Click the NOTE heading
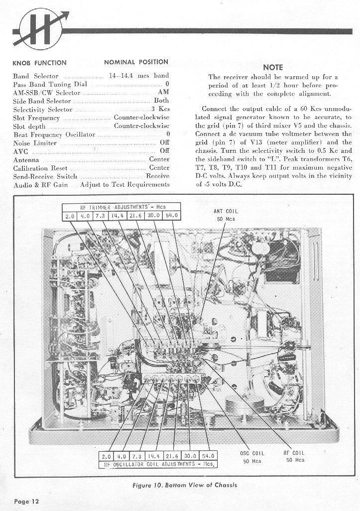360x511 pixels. [272, 67]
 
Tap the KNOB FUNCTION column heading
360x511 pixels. [39, 63]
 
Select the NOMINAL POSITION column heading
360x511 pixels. [136, 62]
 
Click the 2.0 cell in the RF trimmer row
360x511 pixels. [70, 216]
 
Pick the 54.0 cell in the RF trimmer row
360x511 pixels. [173, 216]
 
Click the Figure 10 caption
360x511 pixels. [184, 485]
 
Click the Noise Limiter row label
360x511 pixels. [34, 143]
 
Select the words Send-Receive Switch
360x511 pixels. [45, 176]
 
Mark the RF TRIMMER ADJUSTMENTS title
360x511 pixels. [121, 207]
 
